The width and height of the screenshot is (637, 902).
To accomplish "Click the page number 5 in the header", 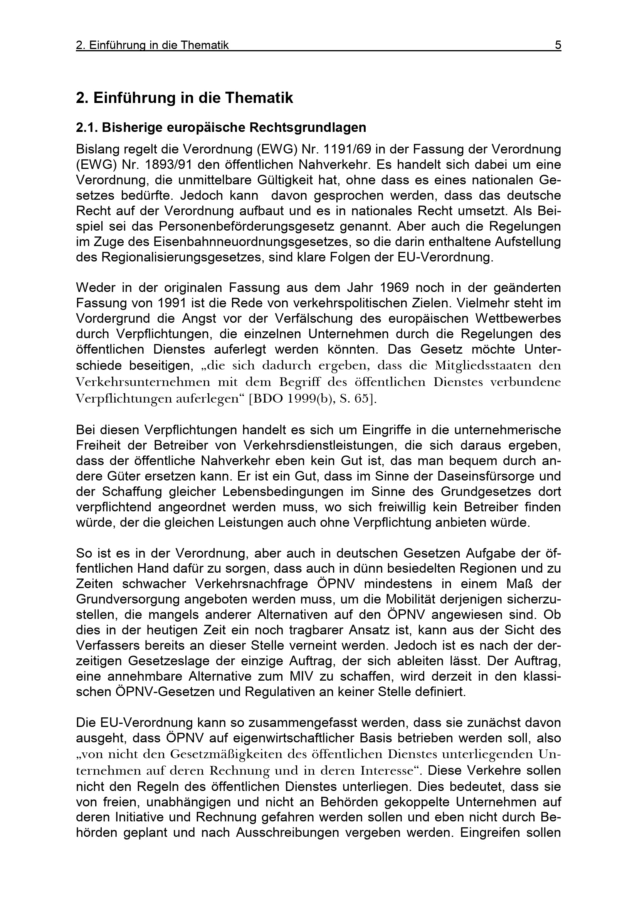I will (x=558, y=46).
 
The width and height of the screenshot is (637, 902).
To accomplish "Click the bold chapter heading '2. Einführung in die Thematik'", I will (x=185, y=98).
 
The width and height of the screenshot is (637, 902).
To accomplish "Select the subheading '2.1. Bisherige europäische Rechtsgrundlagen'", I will (x=221, y=128).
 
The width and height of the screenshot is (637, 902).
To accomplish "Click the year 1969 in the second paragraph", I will (x=395, y=288).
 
